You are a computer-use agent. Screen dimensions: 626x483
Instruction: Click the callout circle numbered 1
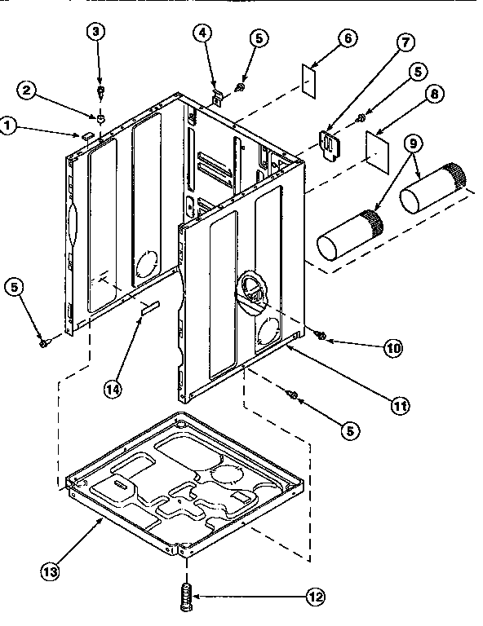coord(8,126)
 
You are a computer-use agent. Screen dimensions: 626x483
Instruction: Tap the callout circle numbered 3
coord(98,33)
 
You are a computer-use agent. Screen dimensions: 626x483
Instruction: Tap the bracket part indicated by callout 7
coord(330,143)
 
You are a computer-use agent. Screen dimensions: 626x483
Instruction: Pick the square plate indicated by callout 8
coord(374,145)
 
